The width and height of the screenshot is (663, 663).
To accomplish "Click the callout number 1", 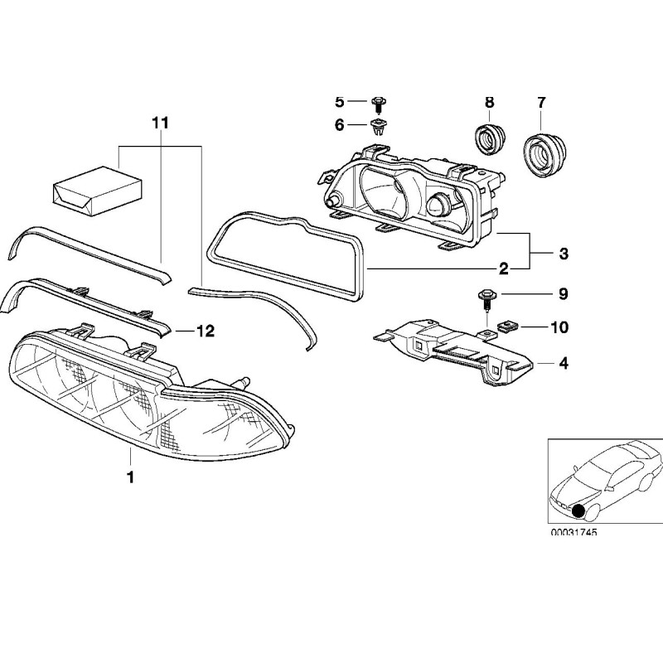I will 129,477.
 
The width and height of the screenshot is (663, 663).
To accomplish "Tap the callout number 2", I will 503,269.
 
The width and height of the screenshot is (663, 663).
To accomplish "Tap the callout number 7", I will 541,102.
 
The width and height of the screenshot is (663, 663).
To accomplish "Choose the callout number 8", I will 489,102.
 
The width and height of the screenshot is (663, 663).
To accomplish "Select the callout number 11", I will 160,123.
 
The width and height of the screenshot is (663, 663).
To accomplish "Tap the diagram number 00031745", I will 573,532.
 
